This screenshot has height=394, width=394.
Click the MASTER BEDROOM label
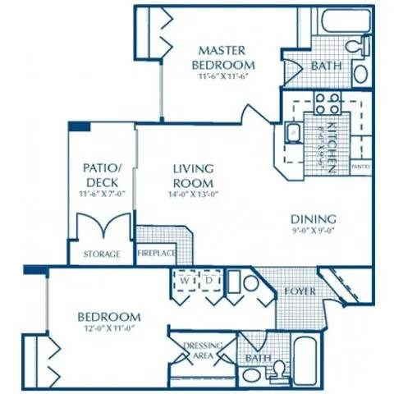coord(222,57)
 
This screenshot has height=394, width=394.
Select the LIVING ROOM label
coord(193,176)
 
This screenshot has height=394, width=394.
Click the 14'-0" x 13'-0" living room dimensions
coord(194,195)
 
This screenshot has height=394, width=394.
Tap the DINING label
coord(314,219)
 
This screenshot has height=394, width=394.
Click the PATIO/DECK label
coord(103,174)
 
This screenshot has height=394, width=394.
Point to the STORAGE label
coord(101,254)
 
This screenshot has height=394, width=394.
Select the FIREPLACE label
coord(155,254)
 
